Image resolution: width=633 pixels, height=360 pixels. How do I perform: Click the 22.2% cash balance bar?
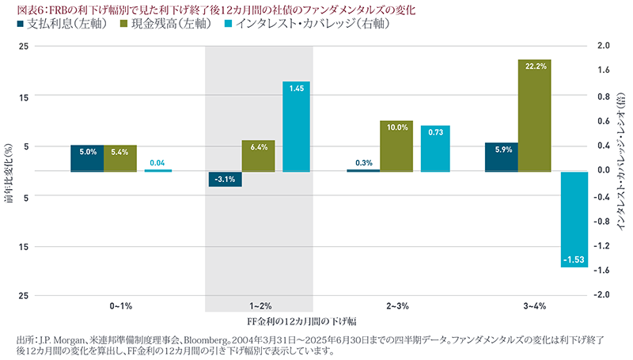pyautogui.click(x=535, y=116)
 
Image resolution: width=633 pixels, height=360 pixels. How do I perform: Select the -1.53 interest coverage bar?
pyautogui.click(x=574, y=219)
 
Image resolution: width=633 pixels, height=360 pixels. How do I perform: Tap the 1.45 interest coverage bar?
pyautogui.click(x=296, y=127)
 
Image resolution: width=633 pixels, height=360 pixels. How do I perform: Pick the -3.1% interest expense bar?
pyautogui.click(x=225, y=179)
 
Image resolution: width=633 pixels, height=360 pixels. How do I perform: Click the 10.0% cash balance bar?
pyautogui.click(x=396, y=146)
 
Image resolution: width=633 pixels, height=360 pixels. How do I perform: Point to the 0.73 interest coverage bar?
pyautogui.click(x=435, y=149)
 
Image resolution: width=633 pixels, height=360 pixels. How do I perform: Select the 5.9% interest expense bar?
pyautogui.click(x=502, y=157)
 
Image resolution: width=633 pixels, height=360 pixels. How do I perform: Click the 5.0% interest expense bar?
pyautogui.click(x=87, y=158)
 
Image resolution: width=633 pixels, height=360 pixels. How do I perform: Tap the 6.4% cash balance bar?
pyautogui.click(x=259, y=156)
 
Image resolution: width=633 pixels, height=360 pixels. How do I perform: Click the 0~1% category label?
pyautogui.click(x=121, y=305)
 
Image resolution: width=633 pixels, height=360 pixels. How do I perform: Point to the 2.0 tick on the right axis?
pyautogui.click(x=604, y=46)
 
